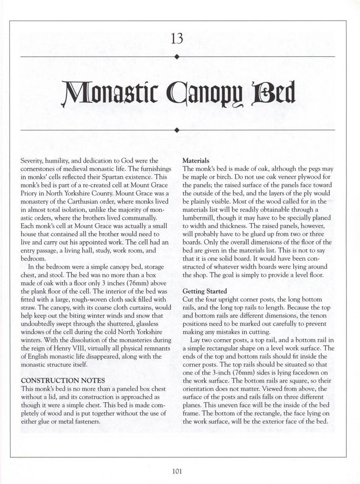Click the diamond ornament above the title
click(x=177, y=57)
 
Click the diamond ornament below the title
click(x=177, y=130)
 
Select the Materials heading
click(x=196, y=161)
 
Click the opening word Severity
click(x=34, y=161)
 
